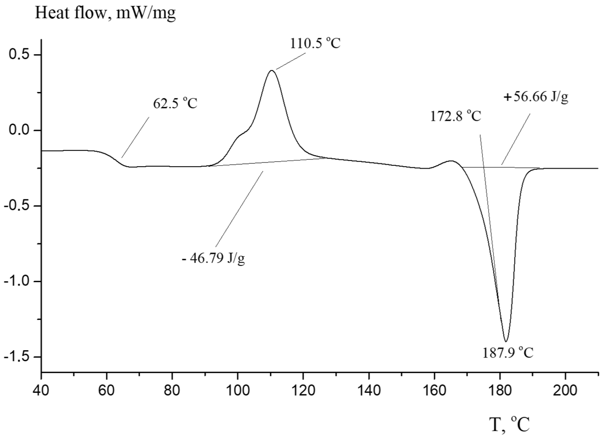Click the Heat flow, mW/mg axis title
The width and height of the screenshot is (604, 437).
(x=105, y=13)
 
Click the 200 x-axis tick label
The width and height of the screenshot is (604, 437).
(x=565, y=391)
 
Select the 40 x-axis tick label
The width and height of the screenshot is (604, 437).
(x=41, y=391)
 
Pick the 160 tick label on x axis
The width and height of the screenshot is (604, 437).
(x=434, y=391)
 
